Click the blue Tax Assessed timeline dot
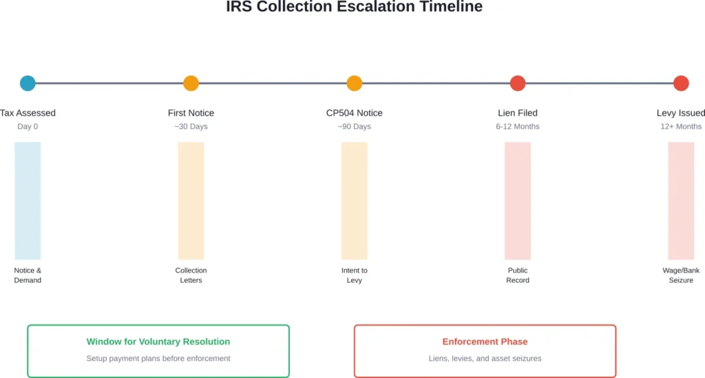(x=28, y=83)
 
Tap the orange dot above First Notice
(x=191, y=83)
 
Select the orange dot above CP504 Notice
(x=354, y=83)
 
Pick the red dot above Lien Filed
(x=518, y=83)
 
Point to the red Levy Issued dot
(x=681, y=83)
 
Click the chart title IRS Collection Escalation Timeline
(x=354, y=8)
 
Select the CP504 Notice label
(x=354, y=113)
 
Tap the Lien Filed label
(x=518, y=113)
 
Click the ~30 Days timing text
(x=191, y=127)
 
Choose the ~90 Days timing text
(x=354, y=127)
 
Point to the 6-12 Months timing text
(x=518, y=127)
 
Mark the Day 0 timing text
(x=28, y=127)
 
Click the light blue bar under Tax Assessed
(x=28, y=200)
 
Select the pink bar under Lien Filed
(x=518, y=200)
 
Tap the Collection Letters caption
(x=191, y=275)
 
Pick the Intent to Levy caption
(x=354, y=275)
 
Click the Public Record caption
(x=518, y=275)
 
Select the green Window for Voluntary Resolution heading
(x=158, y=342)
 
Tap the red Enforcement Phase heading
(x=485, y=342)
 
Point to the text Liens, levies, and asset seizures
(x=485, y=358)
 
